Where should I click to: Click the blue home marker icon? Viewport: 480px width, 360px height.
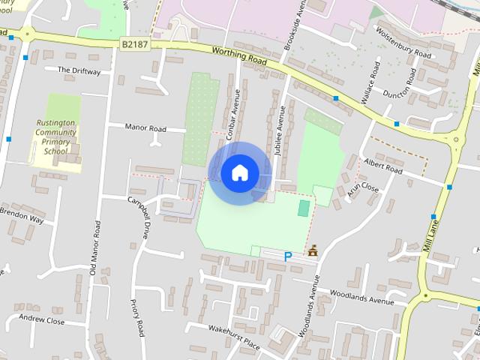pos(239,173)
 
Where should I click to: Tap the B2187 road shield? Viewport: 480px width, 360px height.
pos(134,46)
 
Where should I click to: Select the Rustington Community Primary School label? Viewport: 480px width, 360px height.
pos(55,136)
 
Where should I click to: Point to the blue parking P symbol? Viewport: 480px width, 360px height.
pos(288,256)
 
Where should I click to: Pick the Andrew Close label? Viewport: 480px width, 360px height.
pos(42,320)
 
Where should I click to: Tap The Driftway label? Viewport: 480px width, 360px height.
pos(79,70)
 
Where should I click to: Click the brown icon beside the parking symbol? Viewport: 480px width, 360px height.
pos(312,250)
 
